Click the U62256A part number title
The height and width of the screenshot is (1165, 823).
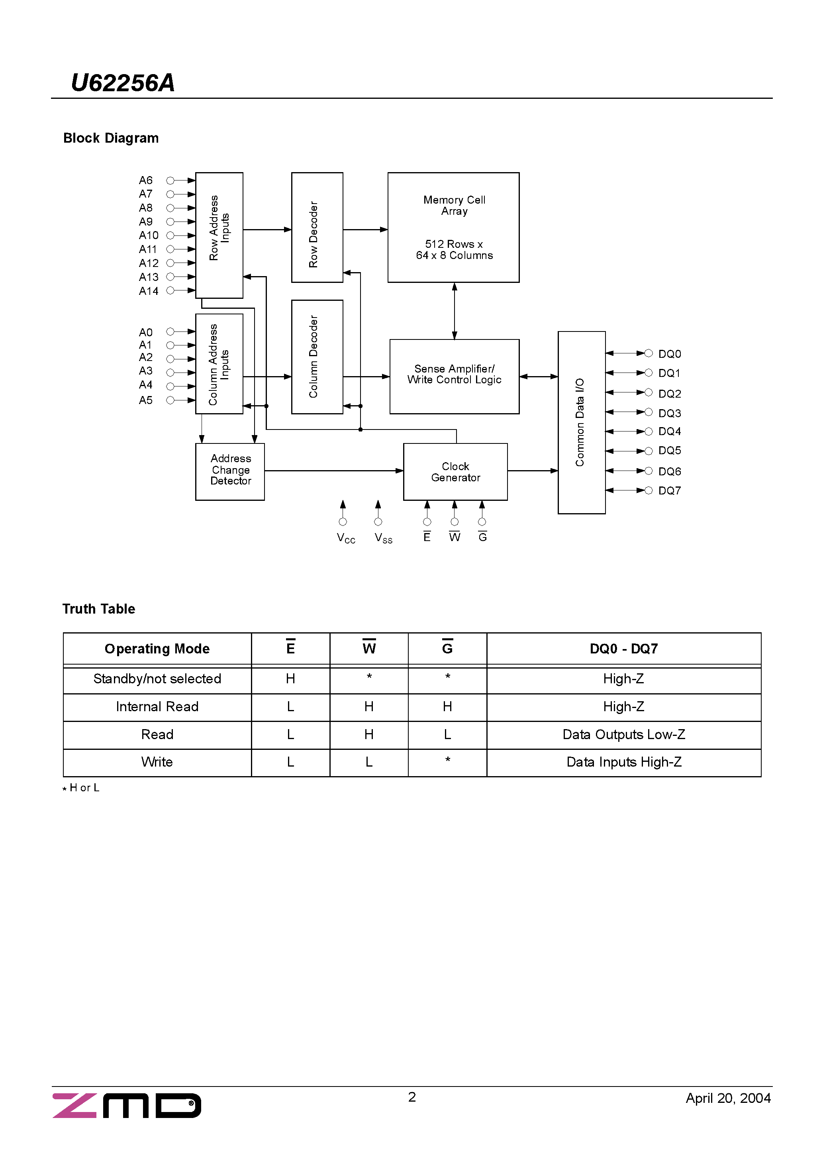pyautogui.click(x=123, y=83)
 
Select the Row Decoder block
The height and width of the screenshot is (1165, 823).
pyautogui.click(x=317, y=228)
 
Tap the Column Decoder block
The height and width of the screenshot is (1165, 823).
pyautogui.click(x=317, y=357)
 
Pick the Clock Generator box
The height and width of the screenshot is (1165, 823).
pyautogui.click(x=455, y=472)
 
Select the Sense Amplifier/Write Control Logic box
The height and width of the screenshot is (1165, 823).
pyautogui.click(x=454, y=376)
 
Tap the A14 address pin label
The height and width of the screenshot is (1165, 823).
pyautogui.click(x=148, y=291)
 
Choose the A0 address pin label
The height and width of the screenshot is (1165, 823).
pyautogui.click(x=146, y=332)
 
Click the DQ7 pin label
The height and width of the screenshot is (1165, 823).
pyautogui.click(x=669, y=490)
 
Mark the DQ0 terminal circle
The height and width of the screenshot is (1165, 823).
pyautogui.click(x=648, y=353)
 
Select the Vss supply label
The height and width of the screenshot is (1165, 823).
pyautogui.click(x=384, y=538)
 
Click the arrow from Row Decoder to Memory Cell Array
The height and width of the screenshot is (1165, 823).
pyautogui.click(x=365, y=229)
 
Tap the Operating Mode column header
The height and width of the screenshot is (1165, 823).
pyautogui.click(x=157, y=649)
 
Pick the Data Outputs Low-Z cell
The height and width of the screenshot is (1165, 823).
pyautogui.click(x=623, y=734)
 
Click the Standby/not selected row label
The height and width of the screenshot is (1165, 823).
pyautogui.click(x=157, y=679)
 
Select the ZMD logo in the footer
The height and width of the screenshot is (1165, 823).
pyautogui.click(x=127, y=1106)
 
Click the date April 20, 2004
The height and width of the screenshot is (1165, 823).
pyautogui.click(x=728, y=1098)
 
